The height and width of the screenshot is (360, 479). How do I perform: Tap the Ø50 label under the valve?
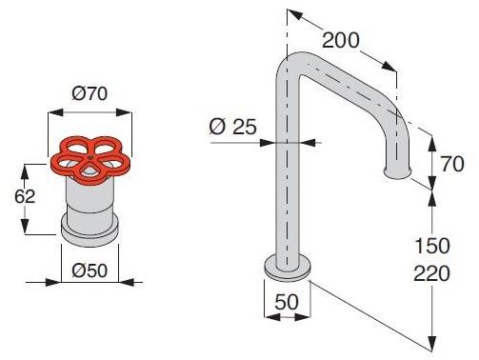click(x=91, y=270)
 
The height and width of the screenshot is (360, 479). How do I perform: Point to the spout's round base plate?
click(x=286, y=270)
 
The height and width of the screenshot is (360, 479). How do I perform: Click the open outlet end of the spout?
click(x=398, y=173)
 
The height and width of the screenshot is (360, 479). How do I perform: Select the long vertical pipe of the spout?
click(x=284, y=171)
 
